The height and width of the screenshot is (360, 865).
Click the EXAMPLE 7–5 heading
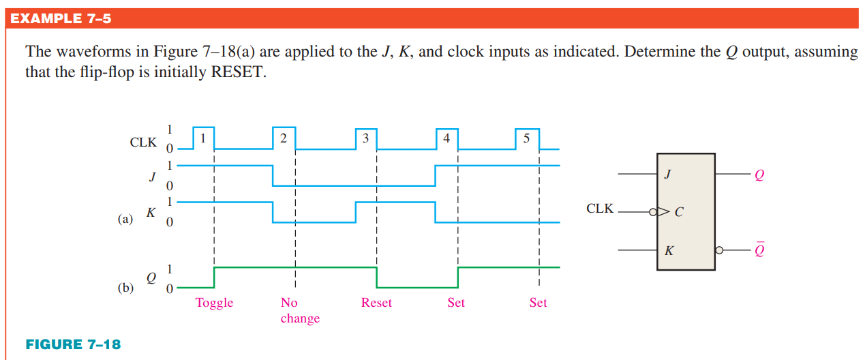(x=61, y=18)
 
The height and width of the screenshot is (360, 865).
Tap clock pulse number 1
(x=203, y=137)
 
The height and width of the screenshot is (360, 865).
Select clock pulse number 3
(x=365, y=138)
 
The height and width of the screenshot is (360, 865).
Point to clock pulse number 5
(x=527, y=138)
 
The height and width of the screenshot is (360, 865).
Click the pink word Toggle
(x=214, y=303)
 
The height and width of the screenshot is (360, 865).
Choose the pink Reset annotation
(x=376, y=303)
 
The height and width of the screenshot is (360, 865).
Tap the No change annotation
(x=299, y=310)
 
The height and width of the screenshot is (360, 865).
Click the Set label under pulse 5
(x=538, y=303)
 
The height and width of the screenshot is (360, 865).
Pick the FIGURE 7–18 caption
(x=73, y=344)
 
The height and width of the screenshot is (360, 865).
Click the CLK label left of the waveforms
(x=143, y=142)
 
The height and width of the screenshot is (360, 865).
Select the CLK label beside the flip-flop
(x=600, y=209)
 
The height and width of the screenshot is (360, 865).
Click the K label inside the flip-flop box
(x=669, y=251)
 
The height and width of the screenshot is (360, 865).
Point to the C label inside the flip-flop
(x=678, y=212)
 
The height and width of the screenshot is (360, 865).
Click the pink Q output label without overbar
(x=759, y=175)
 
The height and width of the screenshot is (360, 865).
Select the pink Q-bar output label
(x=759, y=250)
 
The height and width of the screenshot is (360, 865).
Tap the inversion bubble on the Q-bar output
(x=718, y=250)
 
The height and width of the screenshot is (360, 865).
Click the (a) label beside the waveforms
(x=125, y=220)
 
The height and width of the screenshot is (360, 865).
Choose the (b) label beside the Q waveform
(x=125, y=287)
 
